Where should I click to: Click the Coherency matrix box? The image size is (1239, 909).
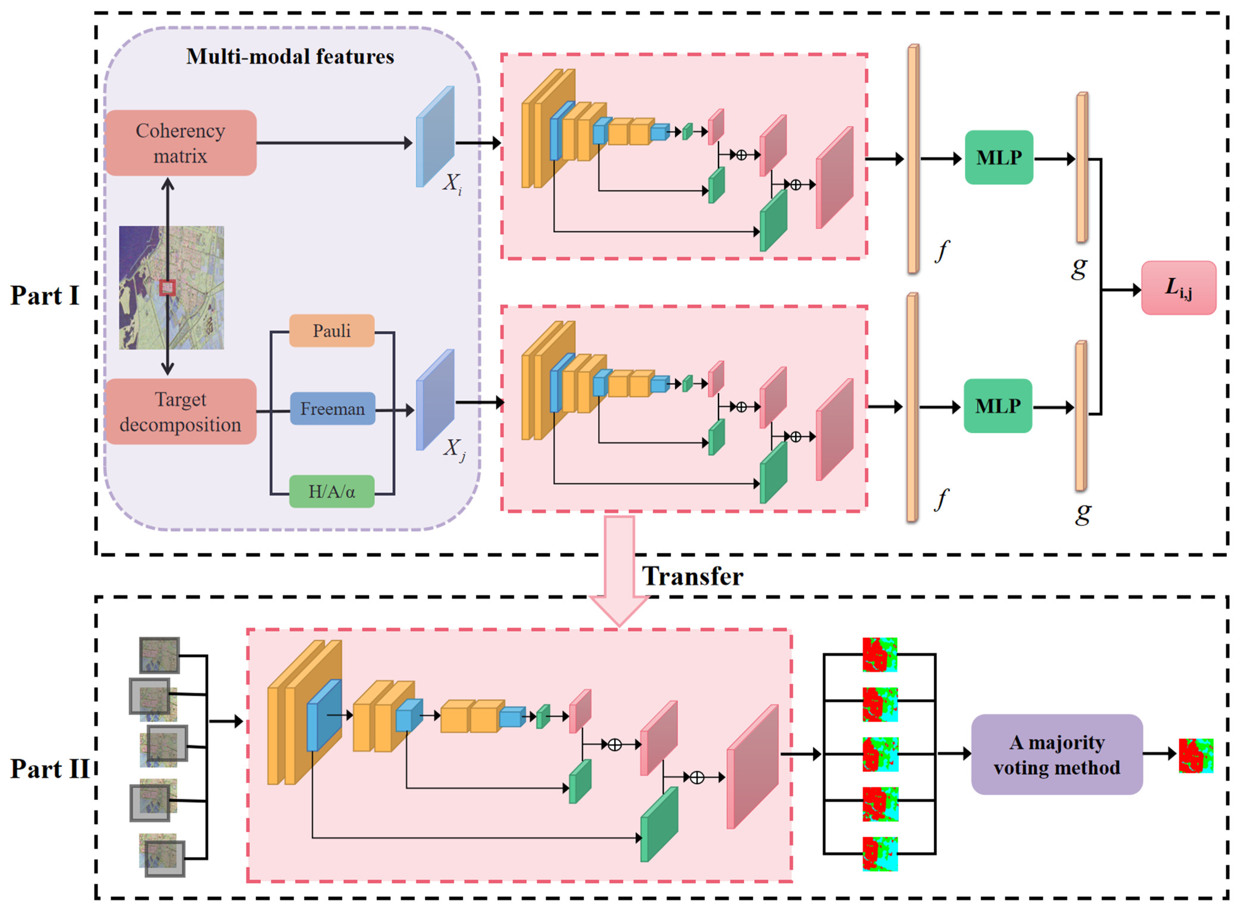pyautogui.click(x=181, y=143)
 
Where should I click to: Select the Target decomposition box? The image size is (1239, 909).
pyautogui.click(x=181, y=412)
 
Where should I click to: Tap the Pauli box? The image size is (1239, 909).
pyautogui.click(x=331, y=331)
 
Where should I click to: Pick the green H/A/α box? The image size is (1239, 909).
pyautogui.click(x=331, y=491)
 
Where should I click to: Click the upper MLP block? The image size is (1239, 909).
pyautogui.click(x=999, y=157)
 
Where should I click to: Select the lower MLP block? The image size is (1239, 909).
pyautogui.click(x=997, y=406)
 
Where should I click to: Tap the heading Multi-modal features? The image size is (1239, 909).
pyautogui.click(x=290, y=57)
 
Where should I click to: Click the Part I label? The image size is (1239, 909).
pyautogui.click(x=45, y=295)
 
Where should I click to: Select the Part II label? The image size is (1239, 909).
pyautogui.click(x=49, y=768)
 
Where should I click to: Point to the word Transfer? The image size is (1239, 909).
pyautogui.click(x=693, y=576)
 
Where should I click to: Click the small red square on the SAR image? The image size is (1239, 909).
pyautogui.click(x=167, y=287)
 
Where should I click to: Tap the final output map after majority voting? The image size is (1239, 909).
pyautogui.click(x=1196, y=755)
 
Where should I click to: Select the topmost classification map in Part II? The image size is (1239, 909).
pyautogui.click(x=879, y=654)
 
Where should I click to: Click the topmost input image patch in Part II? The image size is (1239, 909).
pyautogui.click(x=159, y=655)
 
